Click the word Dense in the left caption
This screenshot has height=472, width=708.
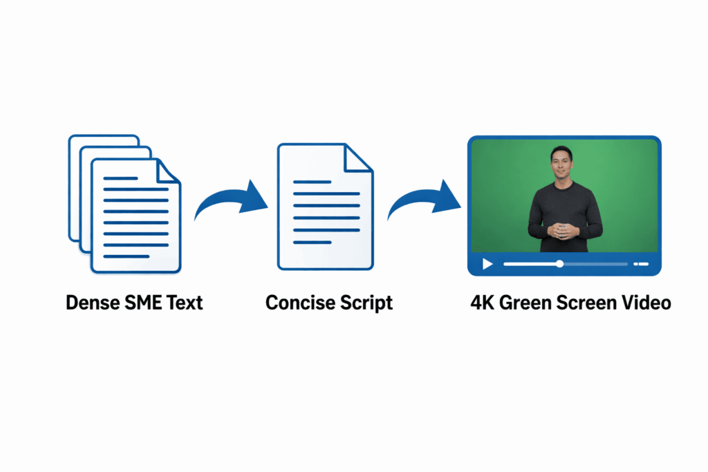click(x=88, y=303)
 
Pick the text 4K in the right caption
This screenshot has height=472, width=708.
click(x=483, y=303)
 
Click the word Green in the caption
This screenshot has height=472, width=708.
click(x=530, y=303)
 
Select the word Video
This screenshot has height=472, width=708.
click(x=646, y=303)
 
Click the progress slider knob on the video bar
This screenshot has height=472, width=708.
click(x=559, y=264)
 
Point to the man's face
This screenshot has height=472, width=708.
click(x=561, y=164)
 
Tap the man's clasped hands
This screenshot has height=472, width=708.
click(x=564, y=231)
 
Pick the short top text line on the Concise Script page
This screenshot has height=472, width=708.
click(x=312, y=182)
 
